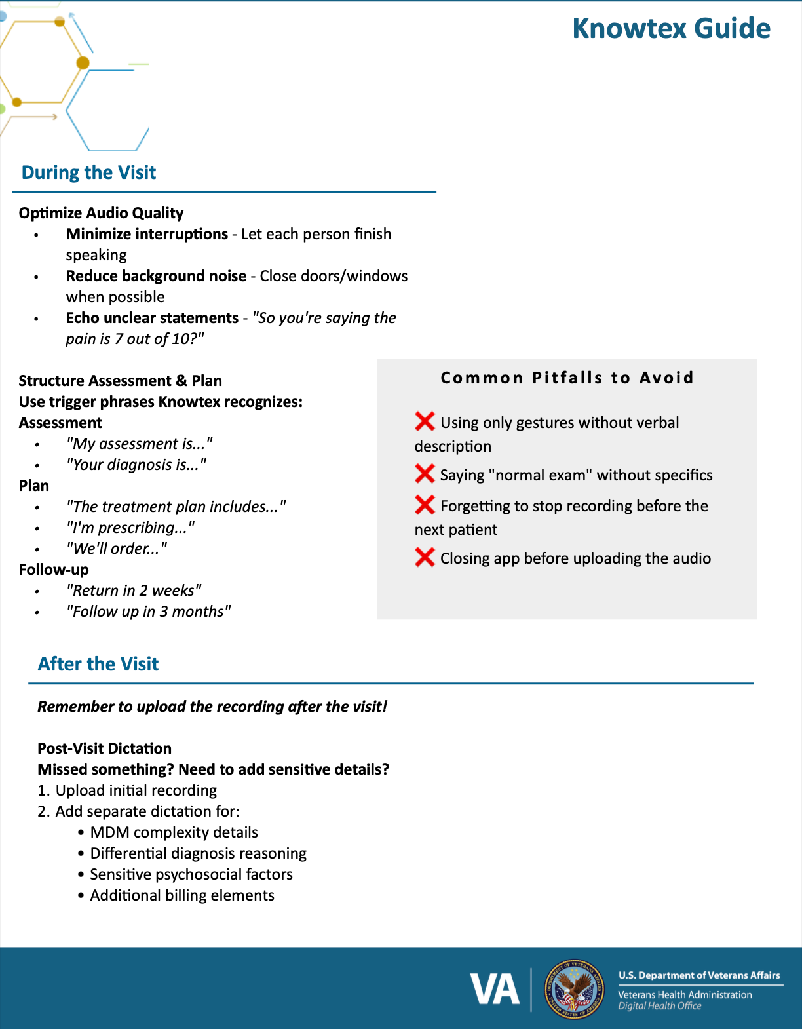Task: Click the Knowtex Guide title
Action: [671, 29]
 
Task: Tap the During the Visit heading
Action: [88, 172]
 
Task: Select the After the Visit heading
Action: [98, 664]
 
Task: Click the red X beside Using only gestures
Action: [425, 421]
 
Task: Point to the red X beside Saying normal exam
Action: [425, 473]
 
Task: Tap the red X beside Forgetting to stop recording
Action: [425, 505]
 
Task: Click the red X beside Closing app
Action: [425, 557]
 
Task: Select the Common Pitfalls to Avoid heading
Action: [567, 378]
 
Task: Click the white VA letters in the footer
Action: [495, 990]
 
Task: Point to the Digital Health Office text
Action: [660, 1006]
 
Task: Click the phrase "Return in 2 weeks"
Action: [134, 591]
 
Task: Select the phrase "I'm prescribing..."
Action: [130, 528]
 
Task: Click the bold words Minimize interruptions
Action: [147, 234]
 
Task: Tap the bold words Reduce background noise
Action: [156, 276]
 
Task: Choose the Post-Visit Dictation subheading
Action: [104, 748]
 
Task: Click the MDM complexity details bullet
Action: [174, 832]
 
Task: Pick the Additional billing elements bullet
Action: [182, 895]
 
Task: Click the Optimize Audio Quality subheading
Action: [101, 213]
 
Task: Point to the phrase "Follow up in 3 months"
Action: [148, 612]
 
